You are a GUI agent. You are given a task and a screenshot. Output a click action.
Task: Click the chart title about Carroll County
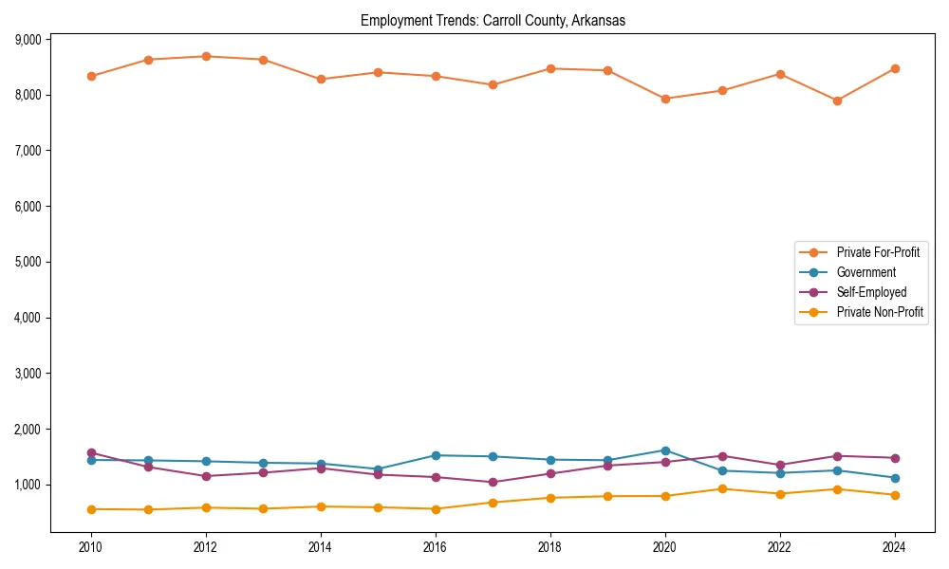click(x=493, y=20)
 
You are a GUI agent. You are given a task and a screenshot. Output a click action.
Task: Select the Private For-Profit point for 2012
click(x=206, y=56)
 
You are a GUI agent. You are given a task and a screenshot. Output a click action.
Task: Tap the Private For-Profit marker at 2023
click(x=837, y=101)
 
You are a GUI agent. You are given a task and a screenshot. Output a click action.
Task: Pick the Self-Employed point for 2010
click(x=91, y=452)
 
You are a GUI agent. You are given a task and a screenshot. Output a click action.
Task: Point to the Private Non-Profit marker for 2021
click(x=722, y=489)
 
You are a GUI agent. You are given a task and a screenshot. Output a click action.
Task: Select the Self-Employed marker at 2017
click(x=493, y=482)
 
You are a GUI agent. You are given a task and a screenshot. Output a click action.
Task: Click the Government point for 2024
click(x=895, y=478)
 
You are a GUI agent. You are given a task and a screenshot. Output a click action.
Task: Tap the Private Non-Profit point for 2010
click(x=91, y=509)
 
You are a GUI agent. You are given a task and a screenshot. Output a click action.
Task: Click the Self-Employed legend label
click(x=871, y=292)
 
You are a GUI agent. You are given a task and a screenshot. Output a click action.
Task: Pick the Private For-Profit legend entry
click(x=878, y=252)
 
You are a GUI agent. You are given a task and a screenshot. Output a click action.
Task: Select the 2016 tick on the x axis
click(x=436, y=547)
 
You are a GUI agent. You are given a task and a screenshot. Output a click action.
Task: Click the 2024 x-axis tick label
click(x=895, y=547)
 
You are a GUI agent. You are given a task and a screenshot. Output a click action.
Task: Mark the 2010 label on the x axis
click(x=91, y=547)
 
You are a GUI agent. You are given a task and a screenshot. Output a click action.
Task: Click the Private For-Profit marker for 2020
click(x=665, y=99)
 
